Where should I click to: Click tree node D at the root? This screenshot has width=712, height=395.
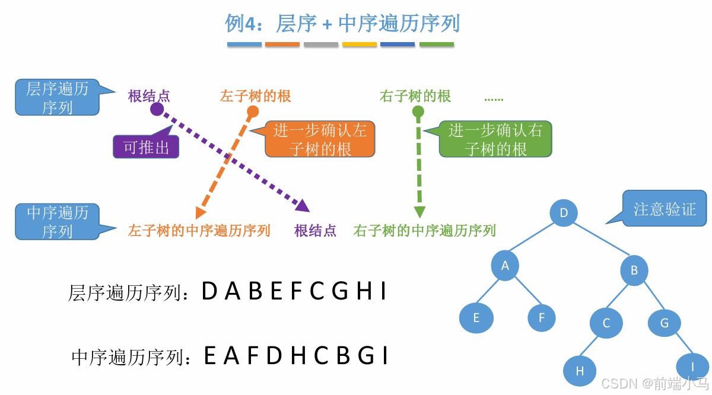click(564, 213)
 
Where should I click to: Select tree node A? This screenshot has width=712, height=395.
click(505, 266)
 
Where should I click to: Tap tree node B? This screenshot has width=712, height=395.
click(634, 271)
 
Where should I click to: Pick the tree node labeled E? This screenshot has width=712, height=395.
click(476, 318)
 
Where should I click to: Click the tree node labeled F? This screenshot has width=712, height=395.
click(542, 318)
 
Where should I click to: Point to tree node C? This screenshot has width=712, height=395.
click(606, 323)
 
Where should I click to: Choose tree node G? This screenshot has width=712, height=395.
click(664, 323)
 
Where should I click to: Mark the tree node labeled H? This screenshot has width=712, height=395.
click(580, 371)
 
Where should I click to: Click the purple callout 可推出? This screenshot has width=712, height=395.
click(146, 147)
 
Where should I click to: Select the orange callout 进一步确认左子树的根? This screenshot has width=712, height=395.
click(320, 139)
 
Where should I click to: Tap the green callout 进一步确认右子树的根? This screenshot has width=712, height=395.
click(495, 139)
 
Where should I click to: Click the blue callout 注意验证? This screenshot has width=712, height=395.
click(665, 209)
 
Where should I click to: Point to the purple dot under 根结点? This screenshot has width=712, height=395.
click(157, 109)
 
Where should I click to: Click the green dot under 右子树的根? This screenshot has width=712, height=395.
click(418, 112)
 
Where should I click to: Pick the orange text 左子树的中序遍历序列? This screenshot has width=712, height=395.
click(199, 230)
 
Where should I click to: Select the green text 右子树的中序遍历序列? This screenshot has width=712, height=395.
click(424, 230)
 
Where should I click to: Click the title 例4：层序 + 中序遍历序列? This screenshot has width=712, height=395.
click(342, 24)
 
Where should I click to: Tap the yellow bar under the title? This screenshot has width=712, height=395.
click(360, 44)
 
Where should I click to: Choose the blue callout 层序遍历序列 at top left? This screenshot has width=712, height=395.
click(57, 98)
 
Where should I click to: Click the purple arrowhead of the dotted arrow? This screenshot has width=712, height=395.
click(303, 206)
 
